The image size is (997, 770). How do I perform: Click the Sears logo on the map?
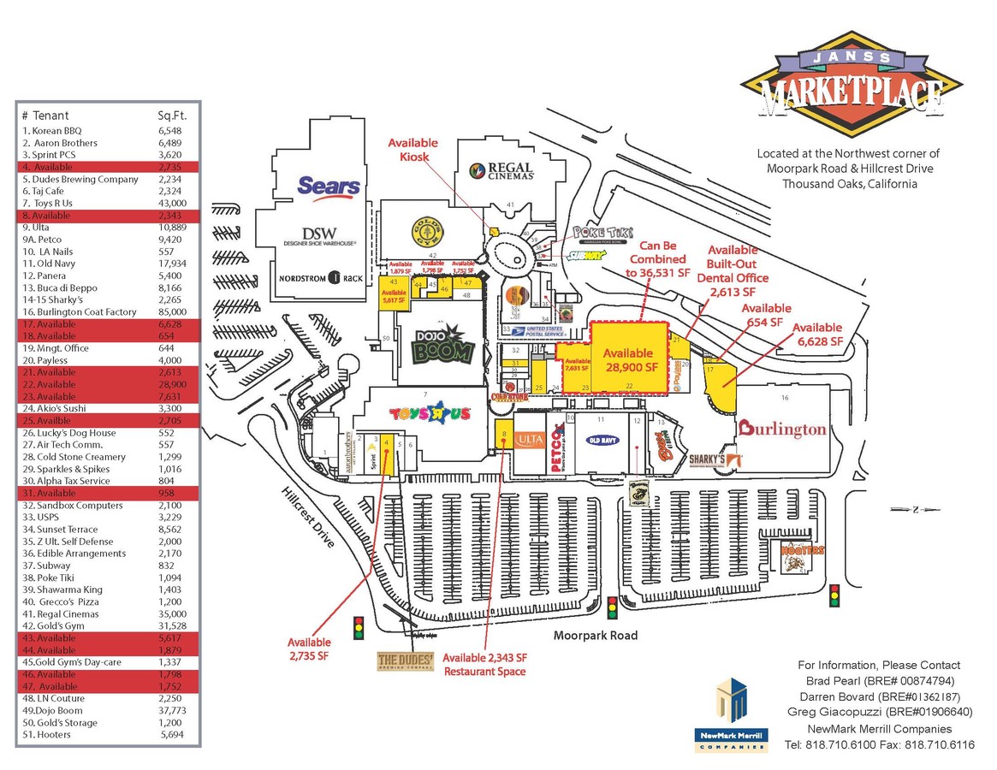pos(329,187)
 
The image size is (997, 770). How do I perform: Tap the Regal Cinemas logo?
pos(502,171)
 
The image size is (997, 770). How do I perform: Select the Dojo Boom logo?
pos(445,347)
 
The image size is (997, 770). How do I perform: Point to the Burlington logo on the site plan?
pos(782,429)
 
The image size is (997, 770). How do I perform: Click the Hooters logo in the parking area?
pos(803,553)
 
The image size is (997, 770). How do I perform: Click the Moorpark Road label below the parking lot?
pos(595,636)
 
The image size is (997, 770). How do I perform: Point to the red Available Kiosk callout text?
pos(412,150)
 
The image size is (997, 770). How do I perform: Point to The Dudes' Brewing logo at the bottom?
pos(406,661)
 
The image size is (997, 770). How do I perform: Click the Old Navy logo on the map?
pos(601,441)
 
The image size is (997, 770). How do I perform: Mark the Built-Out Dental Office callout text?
pos(732,270)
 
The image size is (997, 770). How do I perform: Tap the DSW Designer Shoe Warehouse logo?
pos(319,236)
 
